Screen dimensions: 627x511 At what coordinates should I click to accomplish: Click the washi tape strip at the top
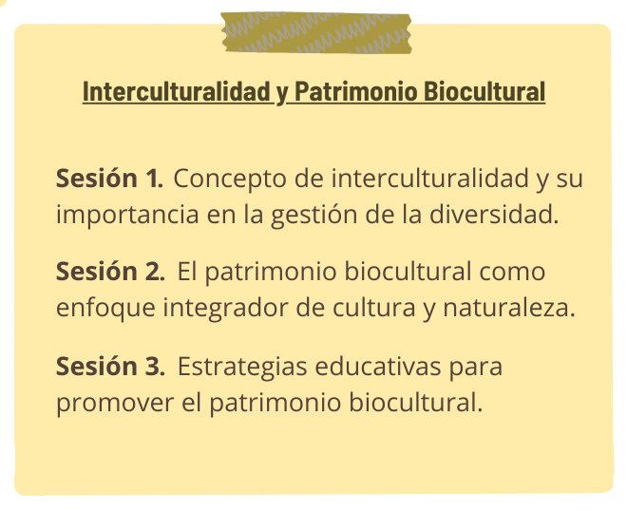click(316, 33)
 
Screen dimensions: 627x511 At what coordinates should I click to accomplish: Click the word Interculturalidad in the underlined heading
click(177, 91)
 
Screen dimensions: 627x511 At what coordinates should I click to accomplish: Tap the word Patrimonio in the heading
click(356, 91)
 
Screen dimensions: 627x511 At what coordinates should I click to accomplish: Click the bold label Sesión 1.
click(109, 178)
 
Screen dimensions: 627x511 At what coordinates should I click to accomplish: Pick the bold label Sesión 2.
click(110, 272)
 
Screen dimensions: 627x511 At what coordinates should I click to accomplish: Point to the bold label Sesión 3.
click(110, 366)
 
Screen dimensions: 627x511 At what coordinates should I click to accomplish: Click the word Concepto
click(230, 180)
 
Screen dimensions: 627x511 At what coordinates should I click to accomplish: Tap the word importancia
click(127, 215)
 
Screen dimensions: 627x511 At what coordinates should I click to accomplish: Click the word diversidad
click(494, 214)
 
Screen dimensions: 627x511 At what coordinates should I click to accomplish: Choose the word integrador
click(225, 309)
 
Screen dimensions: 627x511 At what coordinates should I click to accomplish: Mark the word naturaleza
click(509, 308)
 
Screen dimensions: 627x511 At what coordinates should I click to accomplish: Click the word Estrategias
click(242, 367)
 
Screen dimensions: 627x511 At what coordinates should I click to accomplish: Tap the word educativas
click(378, 366)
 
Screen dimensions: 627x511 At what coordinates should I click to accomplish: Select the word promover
click(115, 403)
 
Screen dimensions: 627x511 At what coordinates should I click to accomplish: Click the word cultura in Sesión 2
click(374, 308)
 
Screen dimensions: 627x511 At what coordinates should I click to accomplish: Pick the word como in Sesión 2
click(512, 272)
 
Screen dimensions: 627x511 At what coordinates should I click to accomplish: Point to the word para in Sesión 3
click(475, 368)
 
